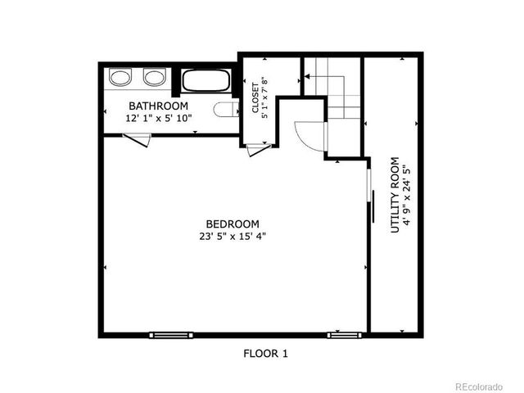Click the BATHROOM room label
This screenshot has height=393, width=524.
158,106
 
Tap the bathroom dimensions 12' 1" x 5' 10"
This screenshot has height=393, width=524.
158,118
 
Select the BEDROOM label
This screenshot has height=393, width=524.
233,224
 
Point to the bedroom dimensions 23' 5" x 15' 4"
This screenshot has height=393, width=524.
233,237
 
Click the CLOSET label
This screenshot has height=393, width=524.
255,97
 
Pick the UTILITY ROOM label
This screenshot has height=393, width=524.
395,195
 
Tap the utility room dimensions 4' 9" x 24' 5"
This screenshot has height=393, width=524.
407,195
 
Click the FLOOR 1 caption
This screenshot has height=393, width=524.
265,354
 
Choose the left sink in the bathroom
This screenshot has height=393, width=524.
121,78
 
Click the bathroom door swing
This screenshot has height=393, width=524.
138,142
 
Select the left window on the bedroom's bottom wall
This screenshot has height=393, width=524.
171,334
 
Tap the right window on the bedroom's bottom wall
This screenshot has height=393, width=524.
344,334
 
